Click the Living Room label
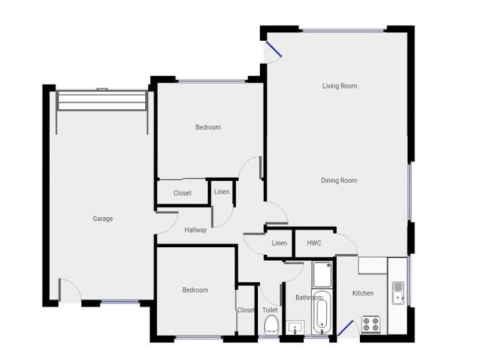[x=339, y=86]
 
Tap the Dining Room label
[x=339, y=180]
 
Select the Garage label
[x=103, y=219]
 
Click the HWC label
[x=314, y=243]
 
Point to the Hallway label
[x=196, y=230]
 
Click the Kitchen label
[x=363, y=293]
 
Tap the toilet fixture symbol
[x=271, y=325]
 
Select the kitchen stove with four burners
[x=371, y=325]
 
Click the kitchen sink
[x=398, y=293]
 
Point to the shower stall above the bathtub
[x=322, y=275]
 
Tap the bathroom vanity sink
[x=295, y=328]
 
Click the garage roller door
[x=102, y=101]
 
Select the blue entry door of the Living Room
[x=274, y=50]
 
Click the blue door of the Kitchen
[x=346, y=328]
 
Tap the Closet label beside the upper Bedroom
[x=183, y=193]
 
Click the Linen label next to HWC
[x=280, y=243]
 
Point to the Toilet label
[x=270, y=310]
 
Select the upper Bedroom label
[x=208, y=127]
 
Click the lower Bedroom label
[x=196, y=290]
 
